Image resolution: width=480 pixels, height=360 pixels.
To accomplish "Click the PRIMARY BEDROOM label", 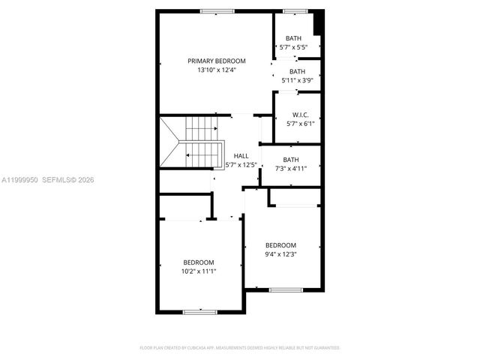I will [216, 61].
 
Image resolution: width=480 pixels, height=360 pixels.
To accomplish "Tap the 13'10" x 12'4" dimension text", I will [216, 70].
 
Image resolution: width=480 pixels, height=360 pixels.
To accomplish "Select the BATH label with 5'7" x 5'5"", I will [292, 38].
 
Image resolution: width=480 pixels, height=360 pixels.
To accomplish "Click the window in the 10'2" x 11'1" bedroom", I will [199, 310].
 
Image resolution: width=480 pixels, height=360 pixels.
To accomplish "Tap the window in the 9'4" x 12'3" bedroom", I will [286, 289].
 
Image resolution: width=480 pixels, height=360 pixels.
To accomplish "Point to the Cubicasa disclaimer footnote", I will [240, 348].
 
